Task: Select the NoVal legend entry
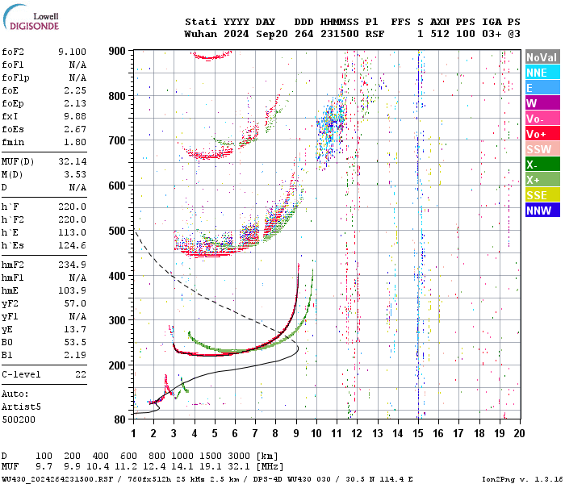click(542, 57)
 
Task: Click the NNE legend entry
click(542, 73)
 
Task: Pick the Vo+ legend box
click(542, 134)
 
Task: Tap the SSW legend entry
click(542, 149)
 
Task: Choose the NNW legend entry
click(542, 211)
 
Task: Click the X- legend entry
click(542, 165)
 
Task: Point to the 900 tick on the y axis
click(117, 51)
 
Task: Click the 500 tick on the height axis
click(117, 231)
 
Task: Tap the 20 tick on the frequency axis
click(520, 433)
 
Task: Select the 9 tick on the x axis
click(296, 433)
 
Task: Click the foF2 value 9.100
click(73, 52)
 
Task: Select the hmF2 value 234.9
click(73, 265)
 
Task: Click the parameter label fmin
click(15, 142)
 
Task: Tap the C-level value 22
click(81, 374)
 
